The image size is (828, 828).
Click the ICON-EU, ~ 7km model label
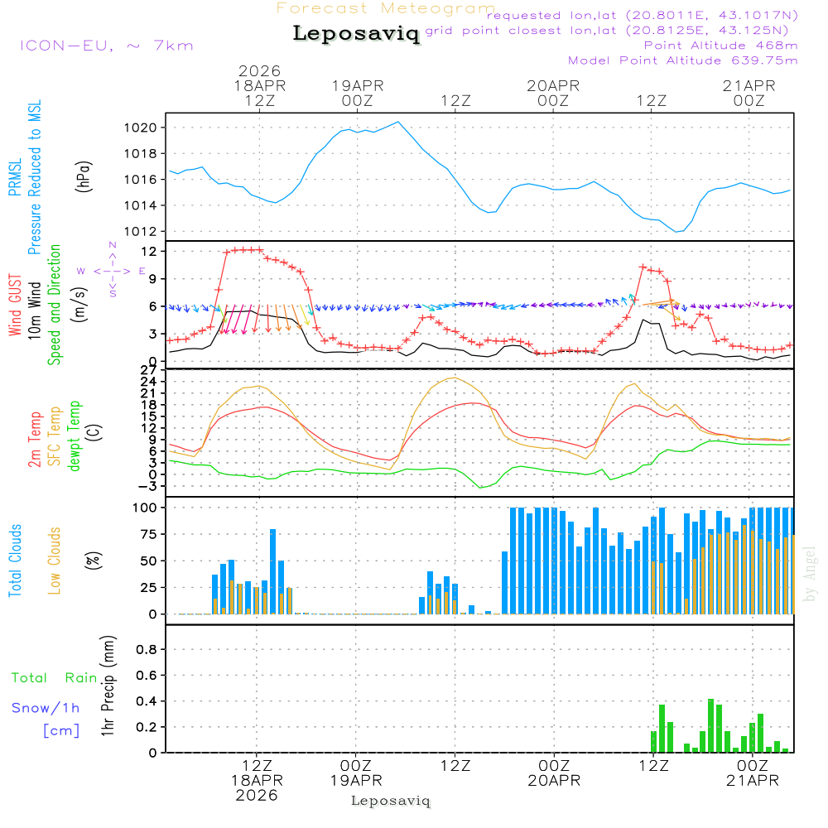(x=106, y=46)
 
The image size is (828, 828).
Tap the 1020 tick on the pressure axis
(x=141, y=128)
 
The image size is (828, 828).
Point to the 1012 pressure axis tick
(x=141, y=231)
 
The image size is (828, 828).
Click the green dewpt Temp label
(x=75, y=436)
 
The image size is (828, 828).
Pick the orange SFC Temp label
(x=55, y=436)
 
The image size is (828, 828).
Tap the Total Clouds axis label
(x=15, y=561)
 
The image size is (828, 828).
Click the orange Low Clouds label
(x=55, y=561)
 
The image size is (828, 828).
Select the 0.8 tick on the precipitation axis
(x=147, y=650)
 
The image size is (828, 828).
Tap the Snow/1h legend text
(x=46, y=708)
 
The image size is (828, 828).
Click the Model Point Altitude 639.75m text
(x=682, y=60)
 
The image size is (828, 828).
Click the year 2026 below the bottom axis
(x=256, y=795)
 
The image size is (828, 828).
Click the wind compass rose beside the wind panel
(x=112, y=271)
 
